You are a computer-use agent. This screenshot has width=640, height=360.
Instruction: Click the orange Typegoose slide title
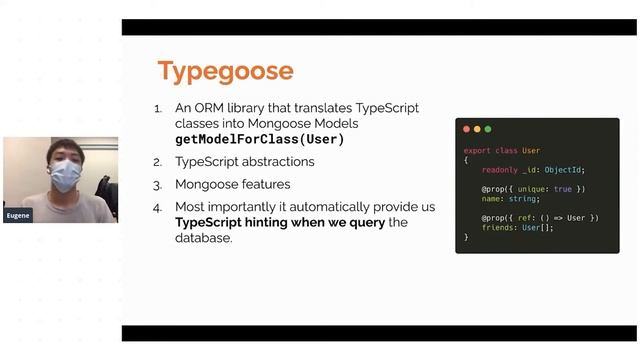(225, 71)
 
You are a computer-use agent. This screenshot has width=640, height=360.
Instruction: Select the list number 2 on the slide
(157, 162)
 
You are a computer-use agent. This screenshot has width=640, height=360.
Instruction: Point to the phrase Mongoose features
(233, 185)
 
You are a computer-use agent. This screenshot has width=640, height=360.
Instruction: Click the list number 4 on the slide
(157, 208)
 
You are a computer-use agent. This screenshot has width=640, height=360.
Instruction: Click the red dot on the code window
(466, 129)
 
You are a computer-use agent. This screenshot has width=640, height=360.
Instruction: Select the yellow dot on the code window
(477, 129)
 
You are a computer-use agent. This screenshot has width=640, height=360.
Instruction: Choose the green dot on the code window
(488, 129)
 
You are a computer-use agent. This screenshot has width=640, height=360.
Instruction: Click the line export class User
(502, 151)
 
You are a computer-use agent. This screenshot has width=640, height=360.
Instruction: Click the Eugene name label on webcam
(17, 215)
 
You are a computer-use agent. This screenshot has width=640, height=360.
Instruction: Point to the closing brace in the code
(466, 237)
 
